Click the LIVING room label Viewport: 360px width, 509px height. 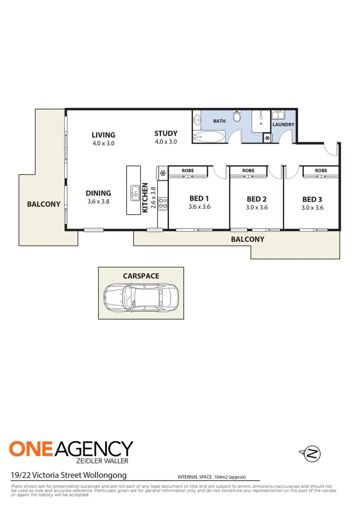click(104, 135)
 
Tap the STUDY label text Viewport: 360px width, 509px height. click(166, 133)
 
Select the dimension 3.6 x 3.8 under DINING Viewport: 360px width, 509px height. click(98, 202)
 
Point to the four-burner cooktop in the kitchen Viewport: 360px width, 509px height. click(163, 204)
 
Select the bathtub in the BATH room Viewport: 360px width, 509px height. click(208, 137)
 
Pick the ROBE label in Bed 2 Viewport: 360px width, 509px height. click(248, 170)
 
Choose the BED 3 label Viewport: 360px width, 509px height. click(312, 199)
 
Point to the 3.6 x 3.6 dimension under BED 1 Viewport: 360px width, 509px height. click(199, 207)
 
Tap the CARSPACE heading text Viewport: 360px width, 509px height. click(141, 276)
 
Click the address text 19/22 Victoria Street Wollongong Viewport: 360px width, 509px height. click(69, 475)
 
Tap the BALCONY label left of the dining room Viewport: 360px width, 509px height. click(44, 204)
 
